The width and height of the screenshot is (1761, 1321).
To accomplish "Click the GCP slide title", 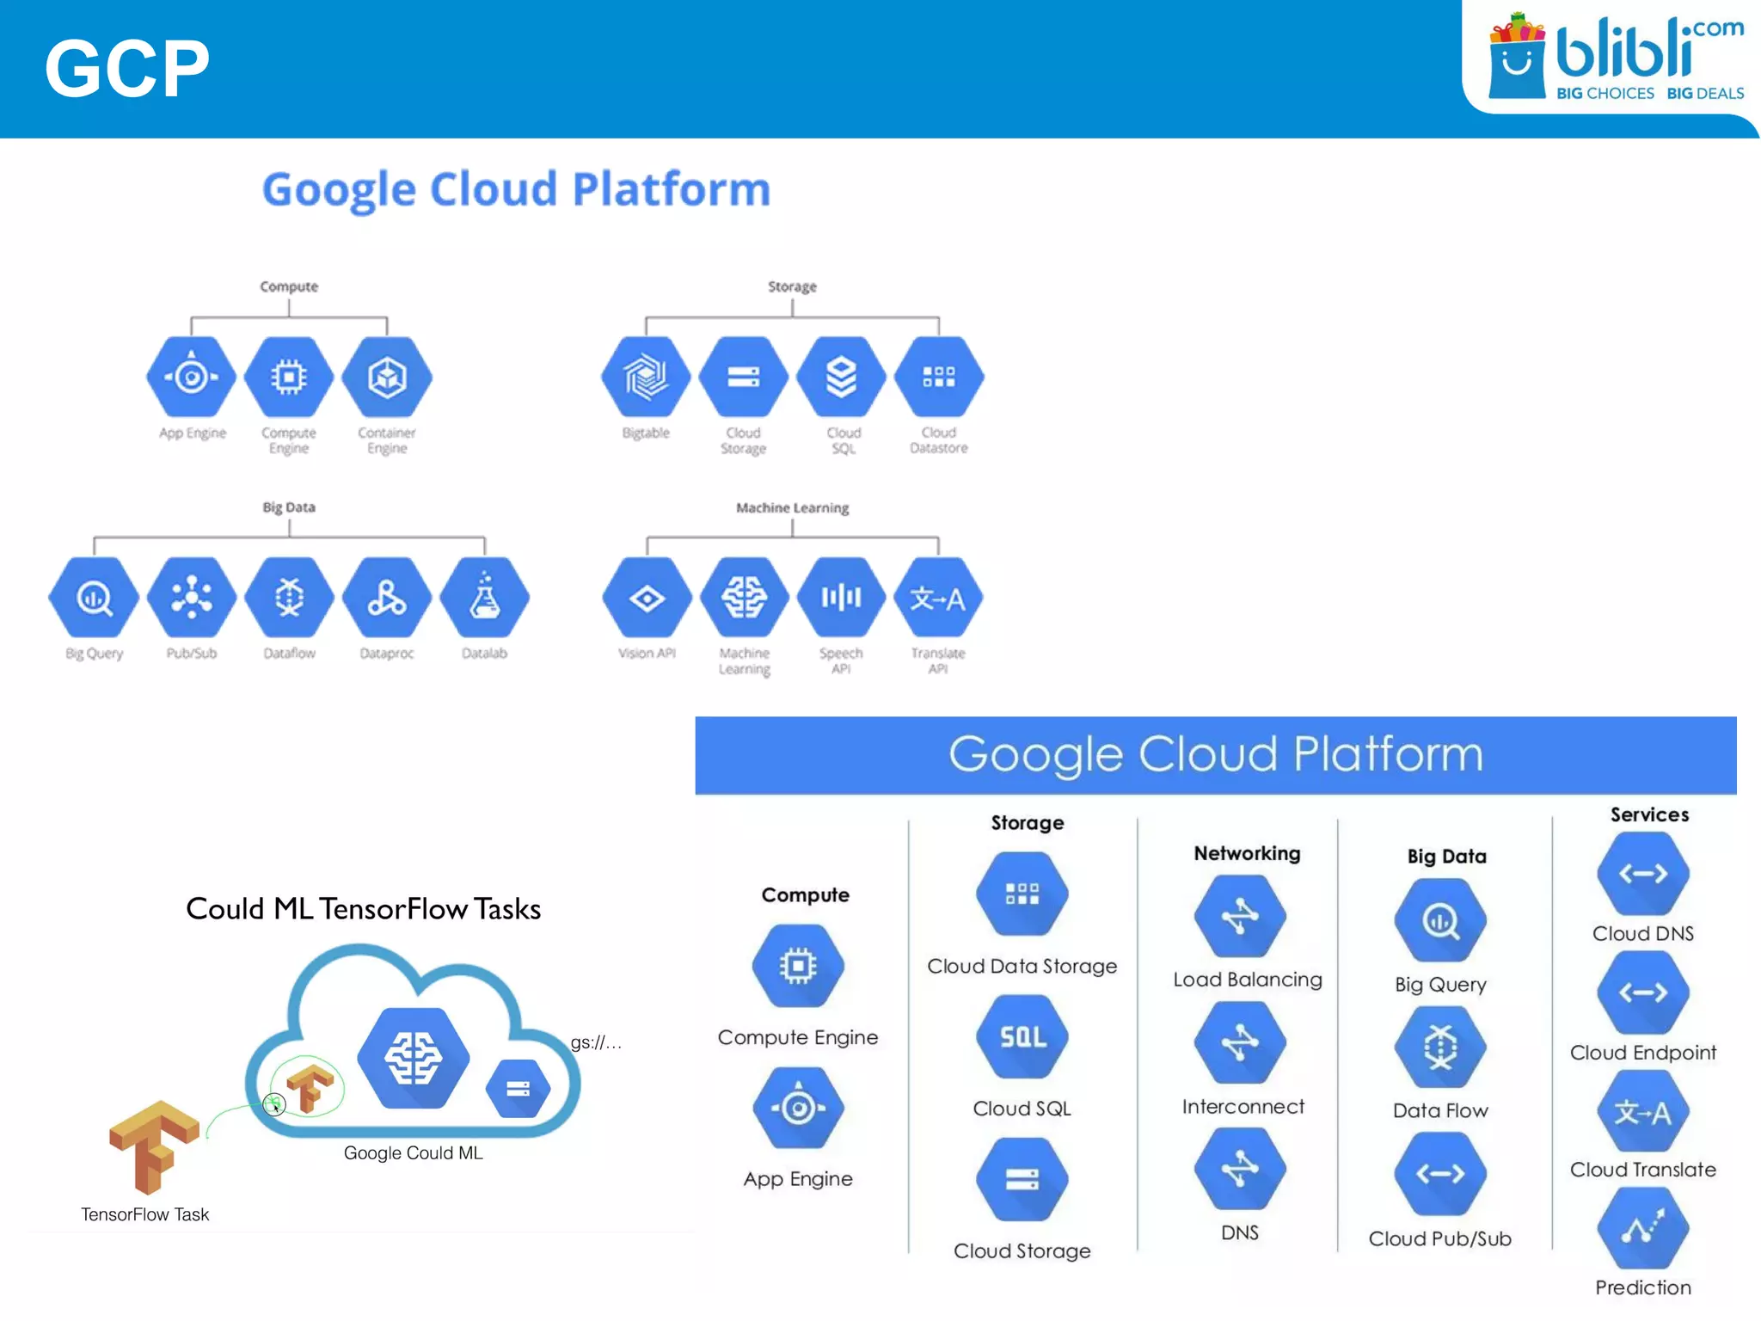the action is tap(127, 68).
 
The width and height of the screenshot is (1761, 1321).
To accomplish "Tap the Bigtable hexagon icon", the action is tap(646, 377).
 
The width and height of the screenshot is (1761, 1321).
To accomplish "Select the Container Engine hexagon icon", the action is tap(387, 377).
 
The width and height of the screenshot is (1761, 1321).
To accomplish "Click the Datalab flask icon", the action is tap(485, 597).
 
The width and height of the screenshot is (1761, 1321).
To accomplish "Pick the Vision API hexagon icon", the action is tap(647, 597).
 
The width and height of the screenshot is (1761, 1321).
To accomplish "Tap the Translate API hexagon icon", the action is tap(938, 597).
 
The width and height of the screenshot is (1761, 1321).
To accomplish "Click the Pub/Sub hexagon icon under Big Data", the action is tap(192, 597).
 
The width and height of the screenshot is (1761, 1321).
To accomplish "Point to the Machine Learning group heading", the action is tap(792, 507).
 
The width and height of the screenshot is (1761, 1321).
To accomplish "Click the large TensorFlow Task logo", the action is tap(154, 1146).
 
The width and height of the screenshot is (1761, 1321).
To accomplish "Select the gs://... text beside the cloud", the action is tap(596, 1042).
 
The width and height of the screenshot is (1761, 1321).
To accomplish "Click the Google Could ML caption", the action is tap(413, 1152).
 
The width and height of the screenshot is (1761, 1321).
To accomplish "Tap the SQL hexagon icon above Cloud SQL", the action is tap(1022, 1036).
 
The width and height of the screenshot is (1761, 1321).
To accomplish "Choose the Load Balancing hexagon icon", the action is tap(1240, 916).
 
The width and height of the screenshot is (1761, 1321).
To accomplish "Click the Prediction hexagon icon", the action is tap(1643, 1227).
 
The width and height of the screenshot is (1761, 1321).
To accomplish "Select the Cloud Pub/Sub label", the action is tap(1440, 1238).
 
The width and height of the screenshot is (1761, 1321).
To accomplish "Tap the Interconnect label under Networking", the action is tap(1243, 1107).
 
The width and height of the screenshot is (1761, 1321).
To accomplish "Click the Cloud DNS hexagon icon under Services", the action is tap(1643, 874).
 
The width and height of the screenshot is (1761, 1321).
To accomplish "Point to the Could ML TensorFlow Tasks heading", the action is tap(363, 909).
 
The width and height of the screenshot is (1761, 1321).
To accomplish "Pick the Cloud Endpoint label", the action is tap(1643, 1053).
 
